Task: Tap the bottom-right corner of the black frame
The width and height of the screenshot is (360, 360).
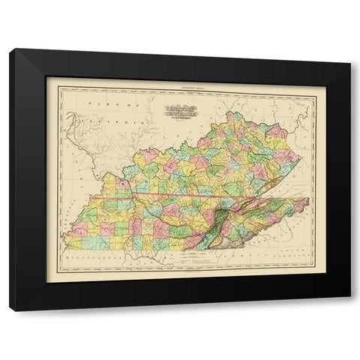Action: (x=350, y=309)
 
